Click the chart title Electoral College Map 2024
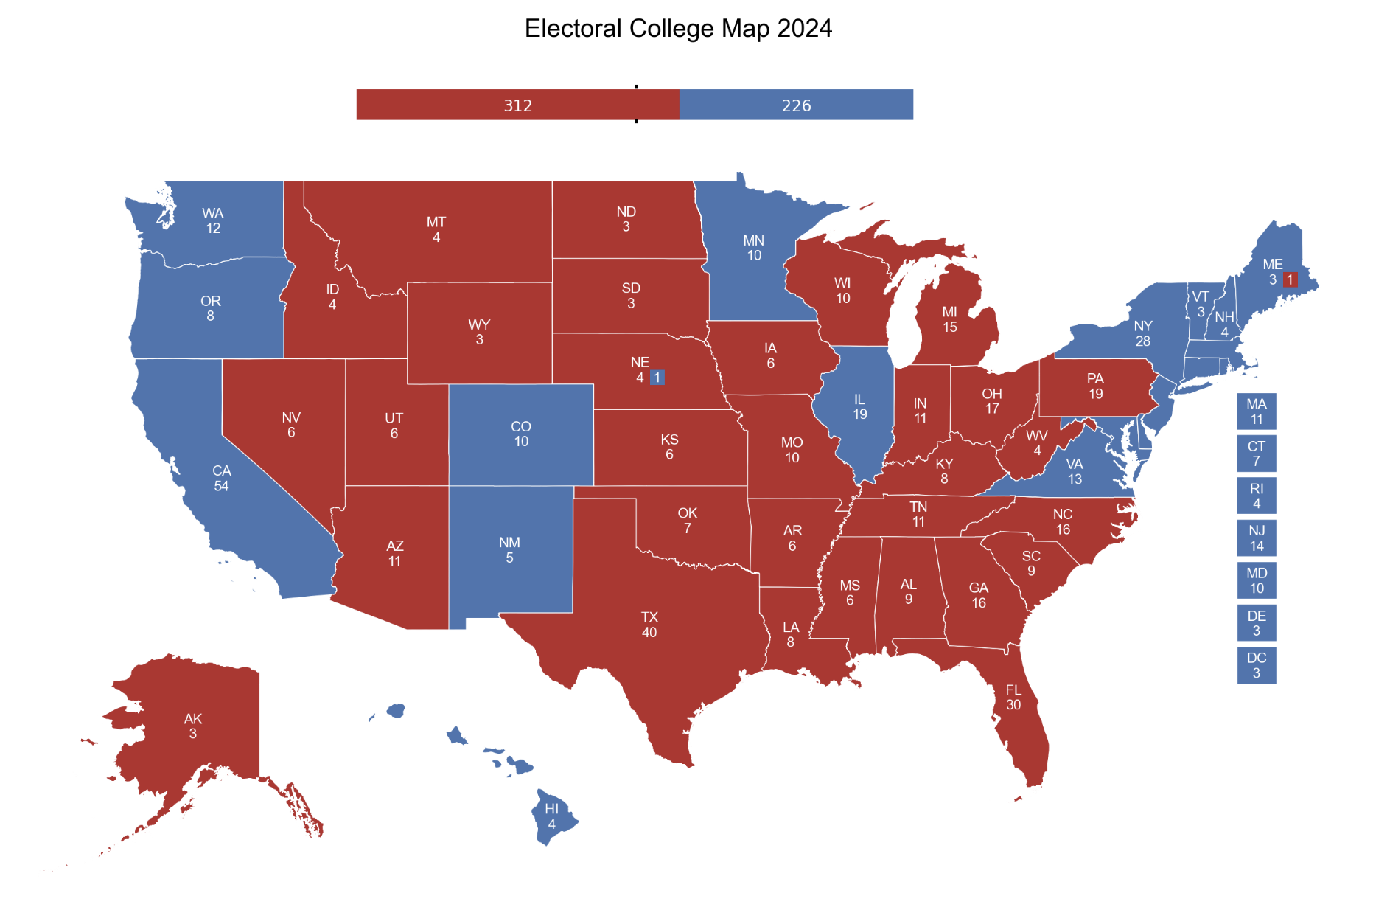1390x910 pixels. [x=678, y=29]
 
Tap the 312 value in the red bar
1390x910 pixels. [x=518, y=105]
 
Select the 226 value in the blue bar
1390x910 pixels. [x=796, y=105]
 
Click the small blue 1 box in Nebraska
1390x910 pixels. [x=657, y=378]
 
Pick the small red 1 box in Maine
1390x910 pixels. [x=1290, y=279]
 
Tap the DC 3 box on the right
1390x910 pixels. [x=1256, y=665]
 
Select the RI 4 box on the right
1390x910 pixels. [x=1256, y=496]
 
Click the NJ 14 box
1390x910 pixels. [x=1256, y=538]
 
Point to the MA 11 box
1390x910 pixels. [x=1256, y=411]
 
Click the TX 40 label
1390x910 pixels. [x=649, y=625]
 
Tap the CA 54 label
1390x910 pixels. [x=221, y=478]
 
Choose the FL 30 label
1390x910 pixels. [x=1013, y=697]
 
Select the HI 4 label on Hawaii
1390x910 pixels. [x=551, y=816]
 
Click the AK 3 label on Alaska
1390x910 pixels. [x=193, y=726]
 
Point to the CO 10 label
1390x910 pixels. [x=521, y=434]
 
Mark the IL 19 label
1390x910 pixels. [x=859, y=406]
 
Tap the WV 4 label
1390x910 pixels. [x=1036, y=442]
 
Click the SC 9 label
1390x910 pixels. [x=1031, y=563]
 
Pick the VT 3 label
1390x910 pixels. [x=1201, y=304]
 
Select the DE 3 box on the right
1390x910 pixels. [x=1256, y=622]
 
